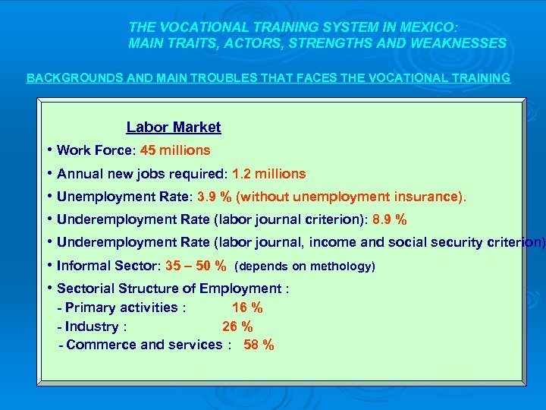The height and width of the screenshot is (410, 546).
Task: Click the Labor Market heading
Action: pos(174,128)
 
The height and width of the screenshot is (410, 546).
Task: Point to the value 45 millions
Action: pos(175,150)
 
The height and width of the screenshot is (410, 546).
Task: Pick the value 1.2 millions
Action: pos(269,174)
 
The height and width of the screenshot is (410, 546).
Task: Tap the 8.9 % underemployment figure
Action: pos(389,220)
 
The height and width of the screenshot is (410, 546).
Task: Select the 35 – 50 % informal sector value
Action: pos(195,266)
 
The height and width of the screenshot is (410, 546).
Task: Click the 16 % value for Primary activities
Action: pos(247,307)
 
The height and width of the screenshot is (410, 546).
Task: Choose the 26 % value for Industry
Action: pos(237,326)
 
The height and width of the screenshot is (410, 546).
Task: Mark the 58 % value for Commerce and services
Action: pos(259,345)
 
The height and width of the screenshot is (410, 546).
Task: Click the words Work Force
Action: pos(94,150)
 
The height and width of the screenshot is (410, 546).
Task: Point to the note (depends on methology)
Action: pos(305,266)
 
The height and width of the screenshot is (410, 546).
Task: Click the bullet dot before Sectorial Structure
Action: pos(48,288)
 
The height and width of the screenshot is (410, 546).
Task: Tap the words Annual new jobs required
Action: pos(141,174)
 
